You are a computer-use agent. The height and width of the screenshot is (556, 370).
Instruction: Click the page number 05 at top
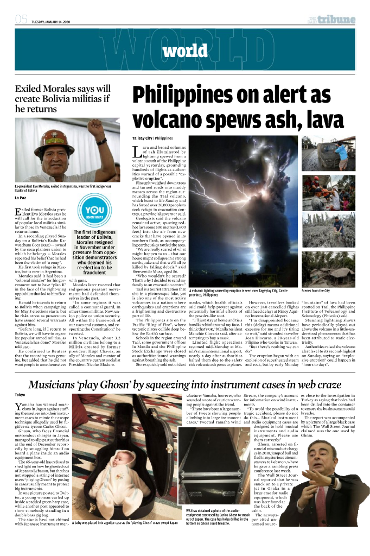pos(21,20)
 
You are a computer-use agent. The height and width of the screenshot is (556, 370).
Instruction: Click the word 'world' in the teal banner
pos(184,52)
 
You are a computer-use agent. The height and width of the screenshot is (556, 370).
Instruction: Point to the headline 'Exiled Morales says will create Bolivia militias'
pos(63,98)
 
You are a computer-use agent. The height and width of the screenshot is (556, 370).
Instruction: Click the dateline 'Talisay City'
pos(142,138)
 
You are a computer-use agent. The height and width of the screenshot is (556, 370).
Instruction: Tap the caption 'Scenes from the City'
pos(316,291)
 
